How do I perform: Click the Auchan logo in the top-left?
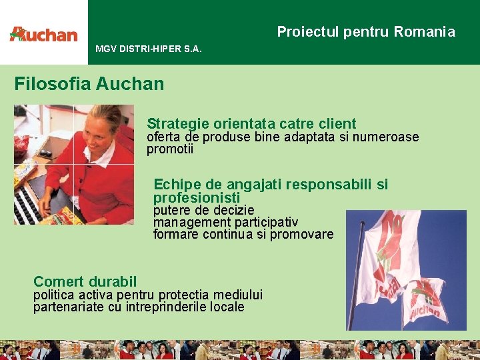tap(43, 34)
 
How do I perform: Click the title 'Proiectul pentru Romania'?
tap(366, 32)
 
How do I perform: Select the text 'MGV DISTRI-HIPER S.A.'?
tap(148, 49)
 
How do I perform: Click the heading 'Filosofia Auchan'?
tap(89, 83)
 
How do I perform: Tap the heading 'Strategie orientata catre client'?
tap(251, 123)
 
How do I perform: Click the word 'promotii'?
tap(169, 149)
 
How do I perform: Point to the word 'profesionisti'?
tap(196, 198)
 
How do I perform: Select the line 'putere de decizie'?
tap(203, 211)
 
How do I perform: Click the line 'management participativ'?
tap(225, 222)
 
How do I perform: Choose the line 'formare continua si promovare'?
tap(243, 234)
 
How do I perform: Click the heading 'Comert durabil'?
tap(85, 281)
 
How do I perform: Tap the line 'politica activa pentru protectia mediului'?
tap(148, 295)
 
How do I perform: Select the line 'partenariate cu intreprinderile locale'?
tap(139, 307)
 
